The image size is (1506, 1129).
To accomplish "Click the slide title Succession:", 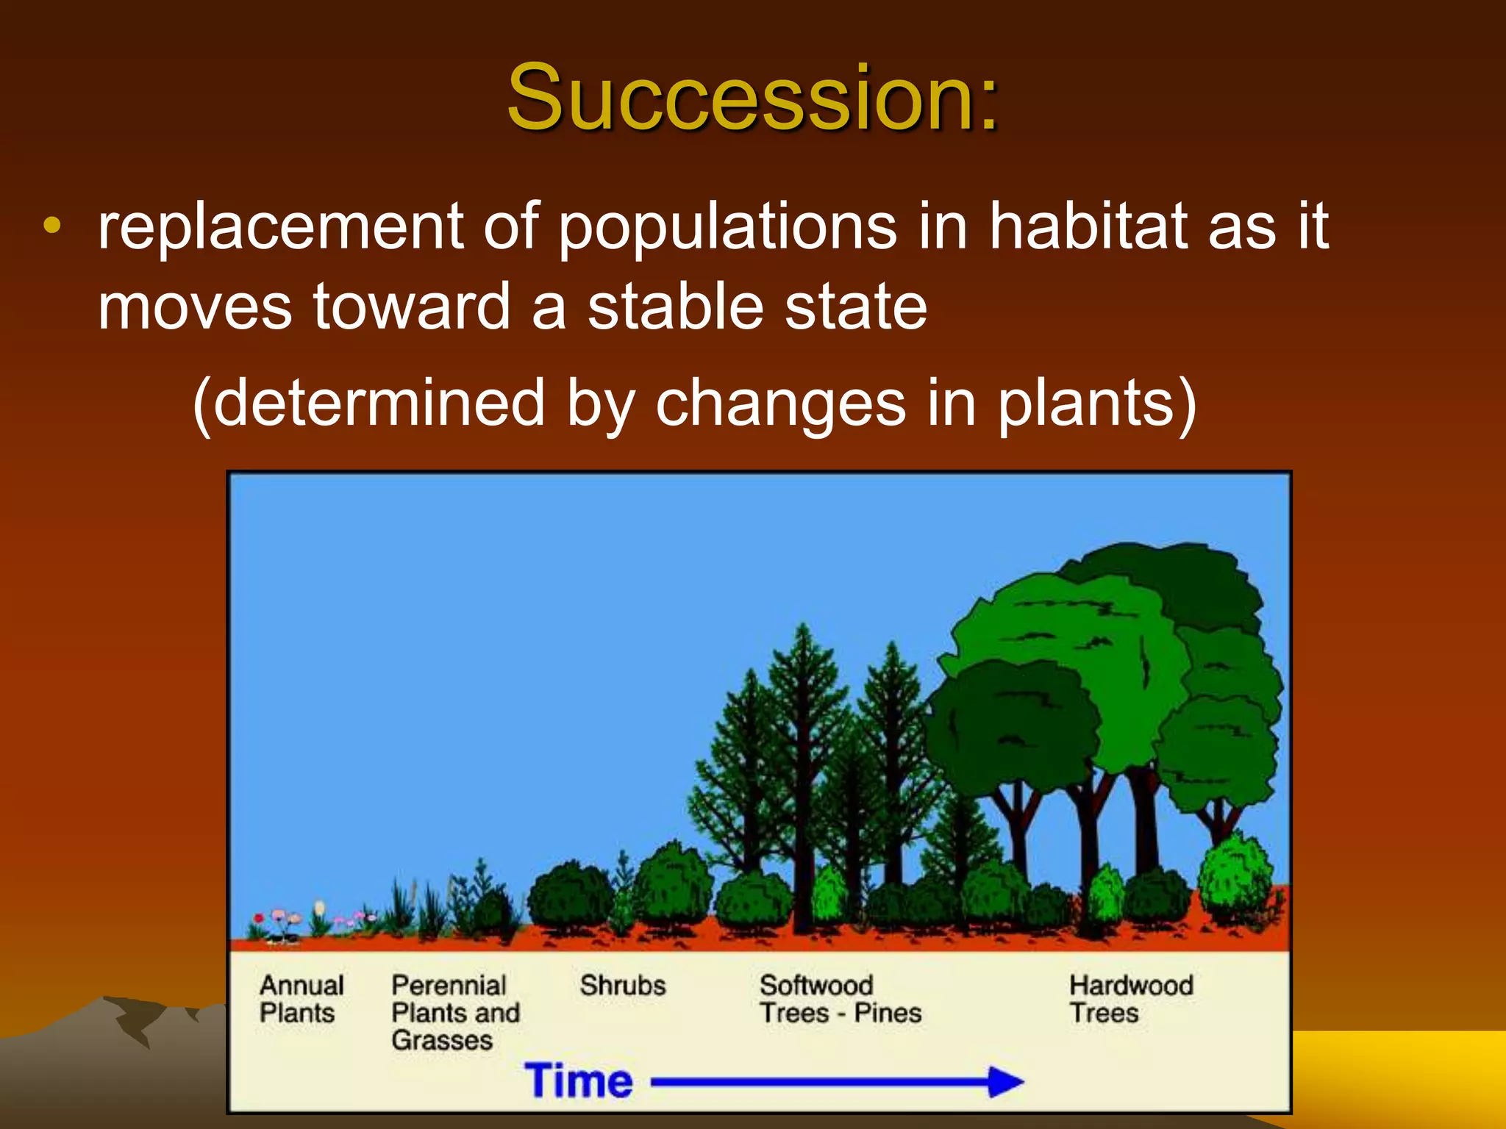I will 753,97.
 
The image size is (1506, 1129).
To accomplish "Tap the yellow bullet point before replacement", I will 52,226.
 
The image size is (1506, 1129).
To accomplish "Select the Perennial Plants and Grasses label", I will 454,1012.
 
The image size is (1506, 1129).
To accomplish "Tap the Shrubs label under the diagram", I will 622,985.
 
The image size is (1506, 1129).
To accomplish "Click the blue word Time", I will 579,1080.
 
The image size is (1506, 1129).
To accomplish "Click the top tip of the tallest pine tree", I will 802,628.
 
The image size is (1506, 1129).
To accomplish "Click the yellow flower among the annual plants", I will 319,908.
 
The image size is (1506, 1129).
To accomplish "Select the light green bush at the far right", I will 1235,875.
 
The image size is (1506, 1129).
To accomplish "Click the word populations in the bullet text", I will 728,227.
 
